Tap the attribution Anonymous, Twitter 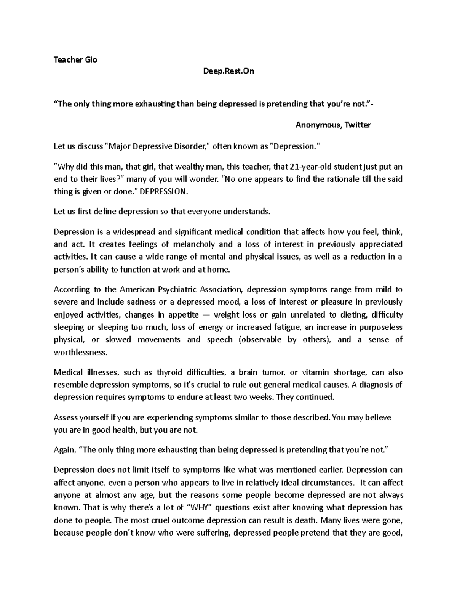pos(333,125)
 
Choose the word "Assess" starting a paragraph pos(65,417)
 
